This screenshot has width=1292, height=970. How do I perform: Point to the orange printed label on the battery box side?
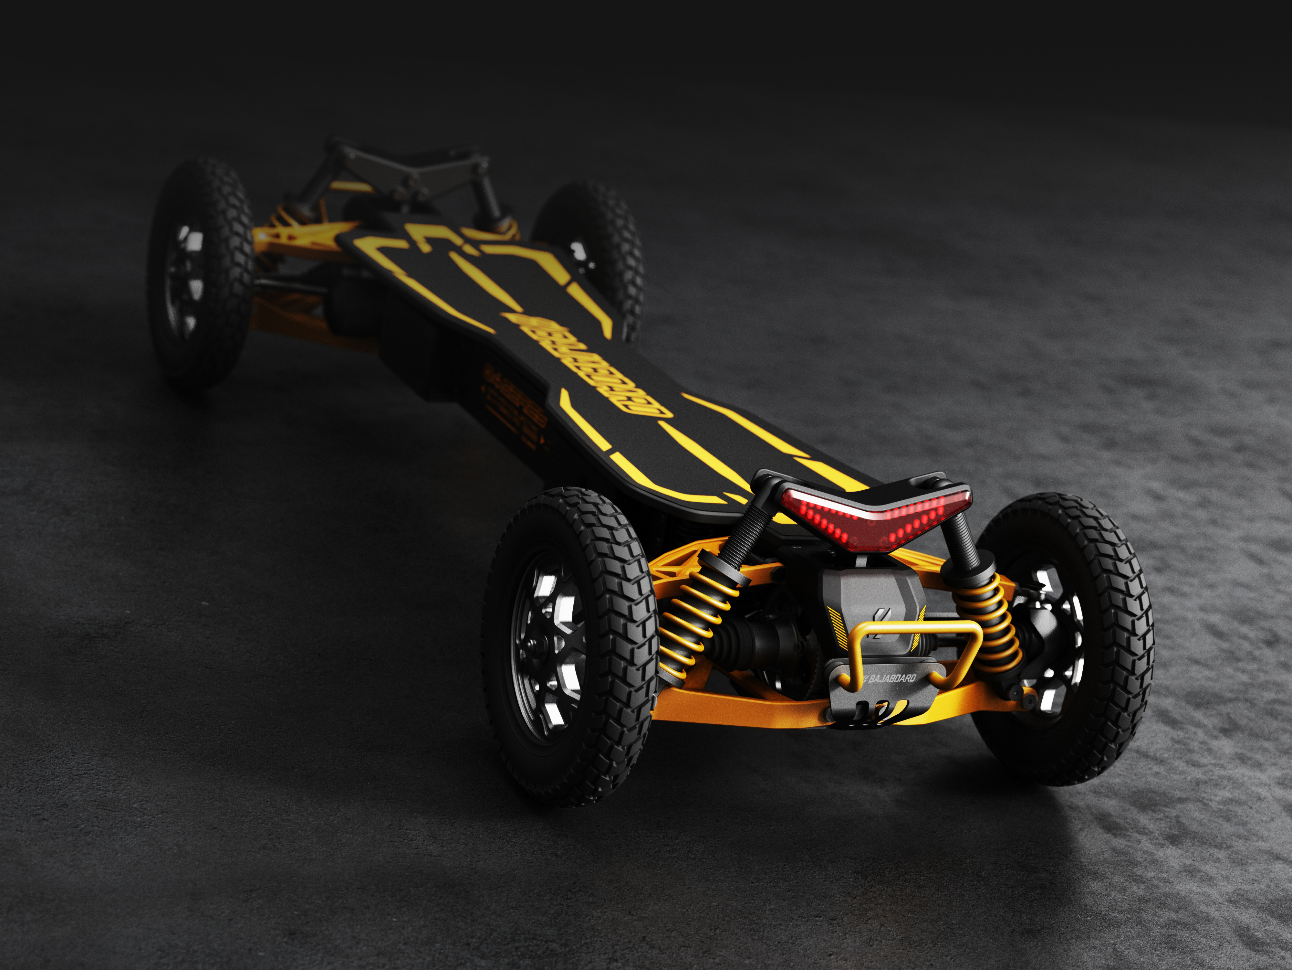coord(514,409)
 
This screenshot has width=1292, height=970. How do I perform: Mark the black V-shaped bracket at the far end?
coord(409,169)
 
